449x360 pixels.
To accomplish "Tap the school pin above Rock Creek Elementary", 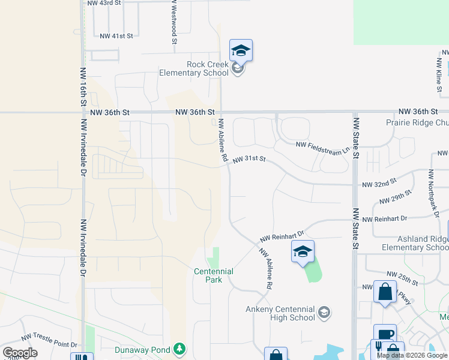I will point(241,50).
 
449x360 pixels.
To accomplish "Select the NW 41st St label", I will point(116,36).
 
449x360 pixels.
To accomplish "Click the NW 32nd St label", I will point(379,181).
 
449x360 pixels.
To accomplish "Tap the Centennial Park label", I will point(213,275).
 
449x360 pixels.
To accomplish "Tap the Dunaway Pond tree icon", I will point(178,349).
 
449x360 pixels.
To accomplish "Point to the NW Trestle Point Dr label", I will point(50,341).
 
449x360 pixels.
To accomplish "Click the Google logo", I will point(20,353).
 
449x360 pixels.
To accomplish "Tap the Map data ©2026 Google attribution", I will point(411,355).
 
